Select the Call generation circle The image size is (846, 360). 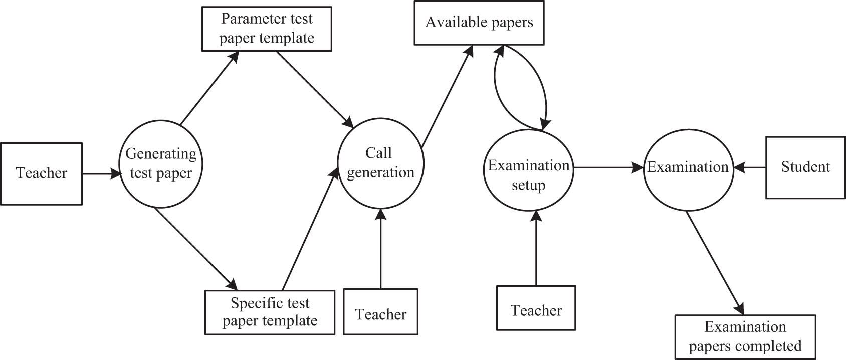pyautogui.click(x=380, y=163)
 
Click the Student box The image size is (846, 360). pyautogui.click(x=805, y=167)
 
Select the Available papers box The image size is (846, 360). pyautogui.click(x=479, y=23)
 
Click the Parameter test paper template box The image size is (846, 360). pyautogui.click(x=267, y=29)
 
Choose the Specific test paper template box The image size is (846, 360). pyautogui.click(x=270, y=312)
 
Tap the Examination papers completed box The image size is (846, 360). pyautogui.click(x=745, y=337)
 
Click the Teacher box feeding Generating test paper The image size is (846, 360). pyautogui.click(x=41, y=173)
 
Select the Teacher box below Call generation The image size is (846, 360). pyautogui.click(x=380, y=311)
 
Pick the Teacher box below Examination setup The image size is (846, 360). pyautogui.click(x=536, y=307)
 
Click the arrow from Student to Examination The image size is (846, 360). pyautogui.click(x=750, y=167)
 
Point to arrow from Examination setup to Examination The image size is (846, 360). pyautogui.click(x=608, y=168)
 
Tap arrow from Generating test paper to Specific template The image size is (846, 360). pyautogui.click(x=195, y=248)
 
